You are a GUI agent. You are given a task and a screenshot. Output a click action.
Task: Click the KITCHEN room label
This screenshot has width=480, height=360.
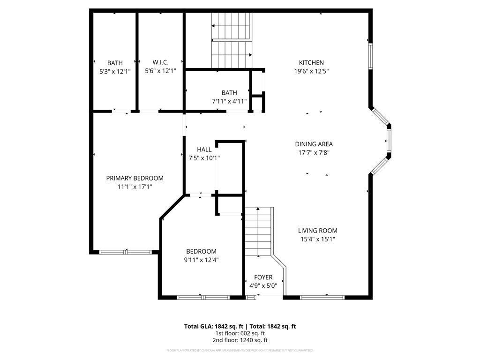[311, 63]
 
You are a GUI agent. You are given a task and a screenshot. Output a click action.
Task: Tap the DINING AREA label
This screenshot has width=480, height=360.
[314, 144]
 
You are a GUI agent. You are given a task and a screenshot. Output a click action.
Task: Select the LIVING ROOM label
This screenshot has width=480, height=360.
[317, 231]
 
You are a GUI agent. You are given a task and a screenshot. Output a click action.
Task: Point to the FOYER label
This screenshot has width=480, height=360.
[263, 277]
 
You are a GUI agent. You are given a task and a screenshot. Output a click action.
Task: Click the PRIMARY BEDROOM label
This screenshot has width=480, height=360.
[135, 178]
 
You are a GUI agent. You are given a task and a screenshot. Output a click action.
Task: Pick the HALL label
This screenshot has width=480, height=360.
[204, 150]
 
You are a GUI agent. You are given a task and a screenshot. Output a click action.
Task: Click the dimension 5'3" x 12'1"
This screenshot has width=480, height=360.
[115, 72]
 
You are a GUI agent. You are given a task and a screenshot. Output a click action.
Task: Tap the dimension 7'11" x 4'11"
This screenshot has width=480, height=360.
[229, 101]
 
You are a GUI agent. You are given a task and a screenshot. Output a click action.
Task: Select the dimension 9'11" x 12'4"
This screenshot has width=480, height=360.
[201, 260]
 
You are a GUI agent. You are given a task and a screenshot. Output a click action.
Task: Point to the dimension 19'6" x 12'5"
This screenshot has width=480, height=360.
[311, 72]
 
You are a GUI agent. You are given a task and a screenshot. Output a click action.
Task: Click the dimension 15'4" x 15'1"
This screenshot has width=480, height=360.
[317, 239]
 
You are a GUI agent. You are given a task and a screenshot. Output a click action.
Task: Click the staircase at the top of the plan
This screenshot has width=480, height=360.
[232, 40]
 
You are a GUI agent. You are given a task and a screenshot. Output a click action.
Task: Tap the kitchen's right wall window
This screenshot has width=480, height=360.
[370, 57]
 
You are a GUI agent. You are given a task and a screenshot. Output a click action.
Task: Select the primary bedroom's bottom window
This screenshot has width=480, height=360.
[126, 252]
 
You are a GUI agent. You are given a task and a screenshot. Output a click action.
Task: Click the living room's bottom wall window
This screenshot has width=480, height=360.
[322, 297]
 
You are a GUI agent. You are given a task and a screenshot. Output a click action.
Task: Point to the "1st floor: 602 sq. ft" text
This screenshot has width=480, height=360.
[240, 333]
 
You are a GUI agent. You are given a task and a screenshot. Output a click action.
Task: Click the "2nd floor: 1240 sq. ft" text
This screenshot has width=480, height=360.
[240, 340]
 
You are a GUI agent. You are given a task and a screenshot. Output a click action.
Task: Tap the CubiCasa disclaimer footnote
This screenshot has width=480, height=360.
[240, 350]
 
